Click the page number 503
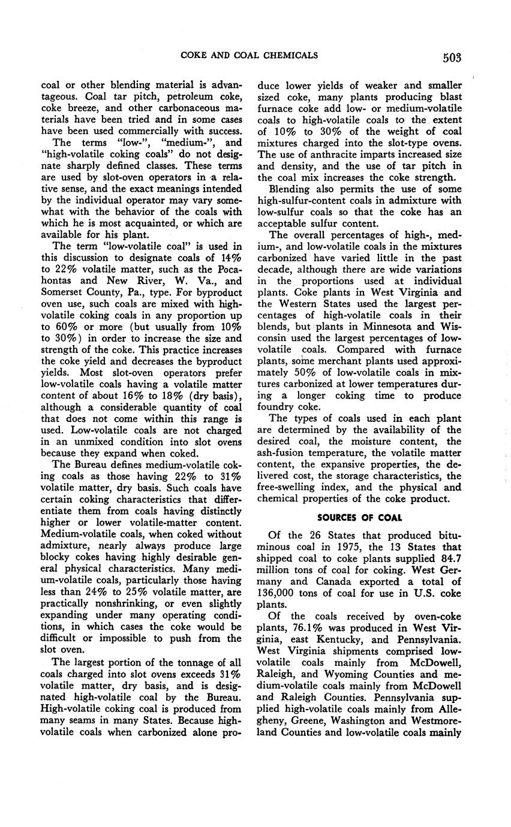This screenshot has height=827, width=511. (452, 58)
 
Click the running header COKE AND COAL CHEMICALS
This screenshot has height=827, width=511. (249, 56)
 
